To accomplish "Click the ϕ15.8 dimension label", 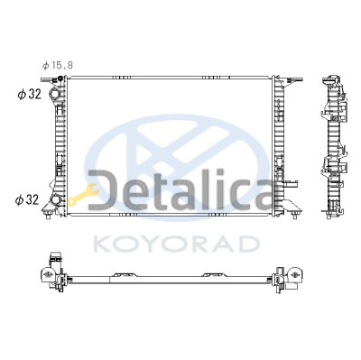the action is click(58, 65).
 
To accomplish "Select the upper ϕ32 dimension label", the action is click(29, 95).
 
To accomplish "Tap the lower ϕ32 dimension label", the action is click(27, 199).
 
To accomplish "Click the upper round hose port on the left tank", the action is click(55, 94).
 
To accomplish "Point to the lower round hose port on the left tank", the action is click(55, 199).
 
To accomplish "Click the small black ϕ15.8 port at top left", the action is click(60, 78).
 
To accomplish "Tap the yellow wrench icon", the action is click(83, 195).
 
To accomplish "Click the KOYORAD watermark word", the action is click(176, 244).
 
